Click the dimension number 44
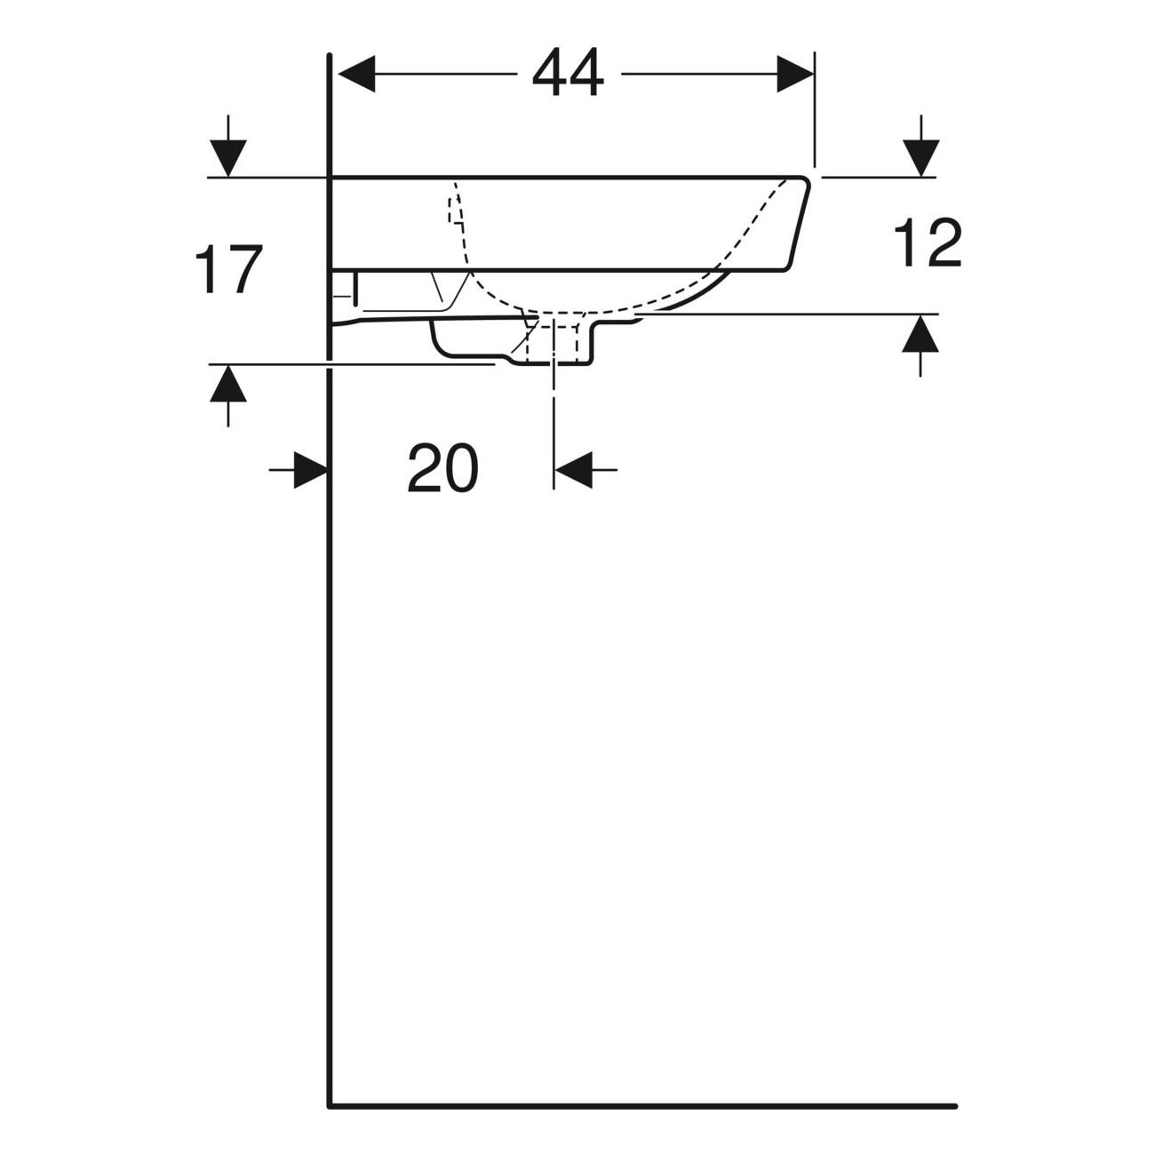[x=569, y=73]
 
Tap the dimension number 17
[x=228, y=270]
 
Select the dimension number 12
[x=928, y=243]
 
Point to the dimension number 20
[x=443, y=469]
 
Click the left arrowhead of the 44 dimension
[x=357, y=74]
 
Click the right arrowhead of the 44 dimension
[x=795, y=74]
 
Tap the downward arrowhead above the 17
[x=227, y=158]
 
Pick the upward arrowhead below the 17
[x=227, y=384]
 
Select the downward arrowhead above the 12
[x=920, y=158]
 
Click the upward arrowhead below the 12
[x=920, y=333]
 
